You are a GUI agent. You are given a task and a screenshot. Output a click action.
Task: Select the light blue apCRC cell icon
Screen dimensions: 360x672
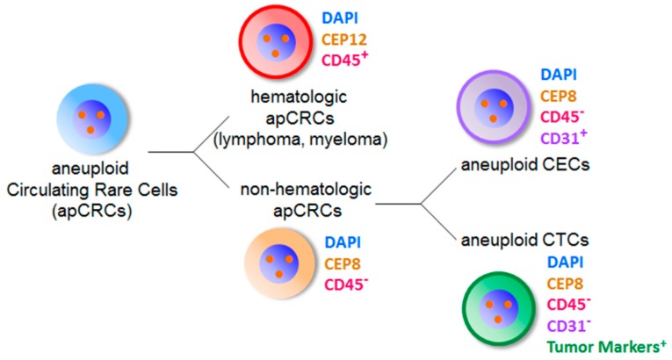[88, 119]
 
